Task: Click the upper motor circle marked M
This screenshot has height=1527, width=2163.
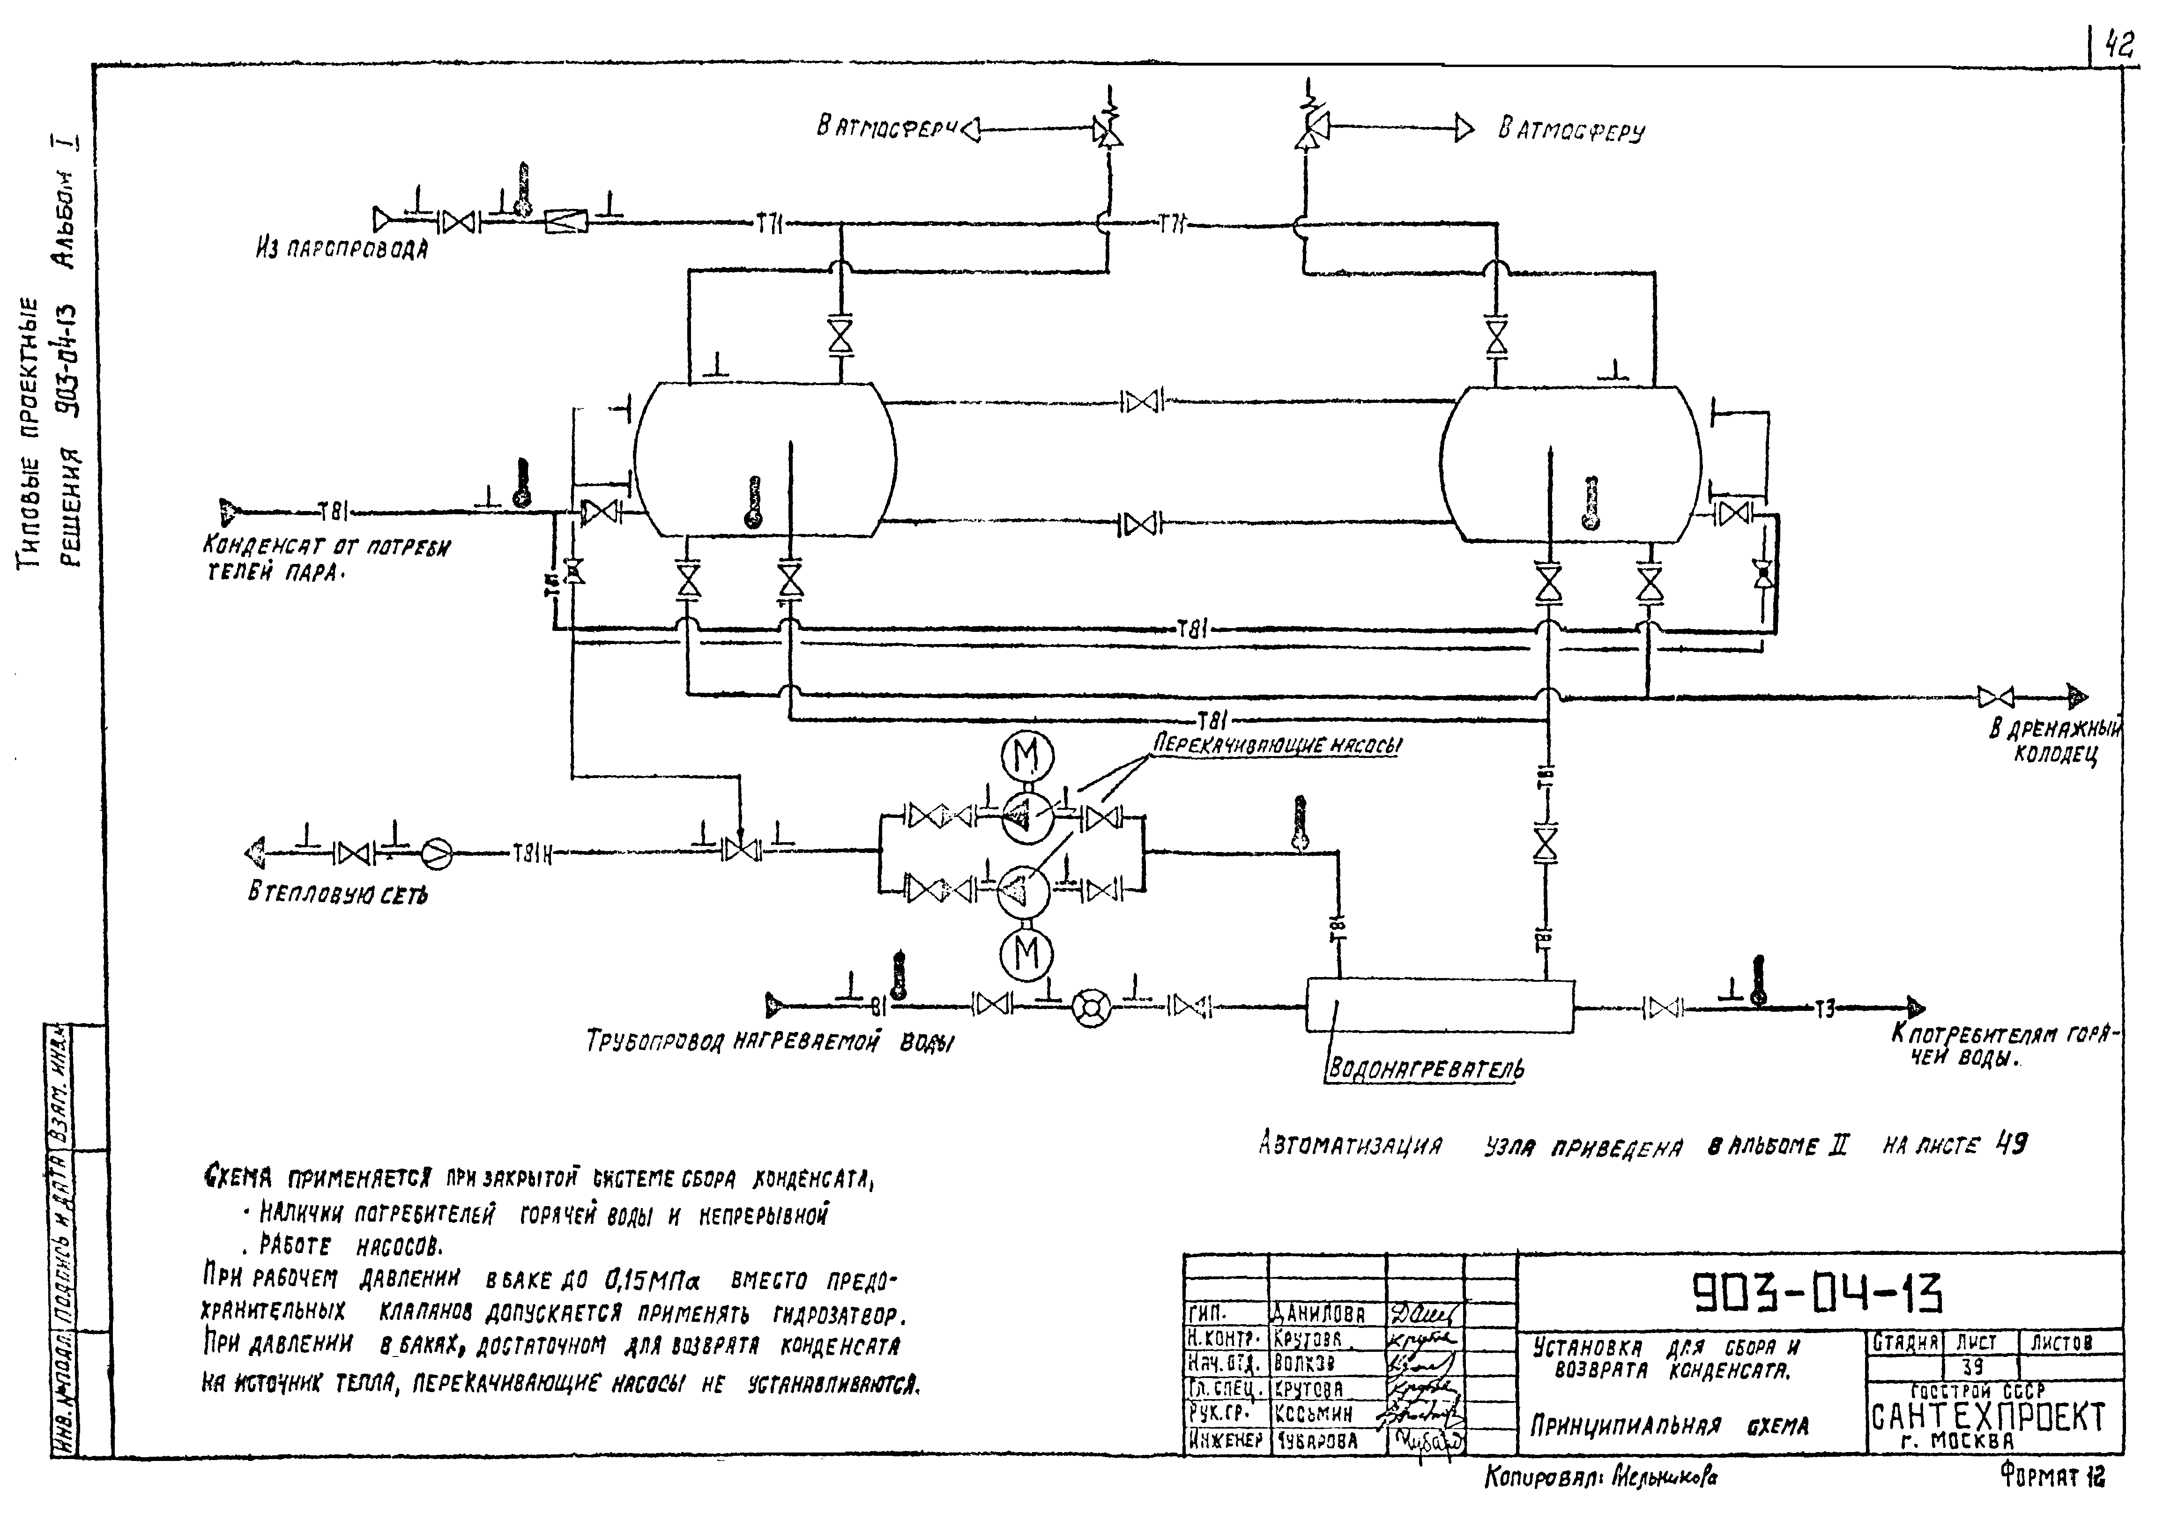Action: [1027, 756]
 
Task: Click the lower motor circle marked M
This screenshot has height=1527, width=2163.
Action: [1027, 954]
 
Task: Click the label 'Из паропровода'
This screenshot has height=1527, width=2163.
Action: [341, 250]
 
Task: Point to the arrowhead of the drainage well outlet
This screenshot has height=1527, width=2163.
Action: [2077, 698]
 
